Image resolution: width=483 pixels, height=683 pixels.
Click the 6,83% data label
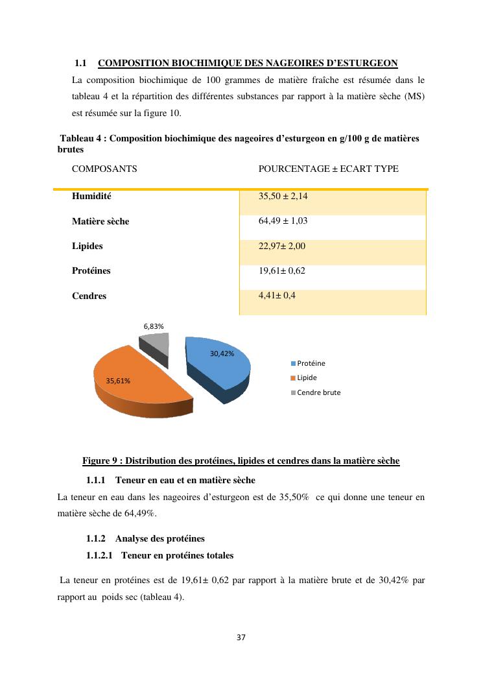point(154,326)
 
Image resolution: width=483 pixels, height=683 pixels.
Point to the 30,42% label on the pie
point(222,353)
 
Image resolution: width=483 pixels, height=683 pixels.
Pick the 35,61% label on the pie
point(118,381)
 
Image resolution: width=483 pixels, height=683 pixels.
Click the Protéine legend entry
point(311,363)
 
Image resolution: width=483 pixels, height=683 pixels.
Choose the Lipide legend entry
point(307,377)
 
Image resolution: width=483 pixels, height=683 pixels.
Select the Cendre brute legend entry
point(318,392)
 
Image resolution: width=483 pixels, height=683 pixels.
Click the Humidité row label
point(91,196)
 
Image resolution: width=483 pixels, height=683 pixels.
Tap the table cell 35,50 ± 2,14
point(283,196)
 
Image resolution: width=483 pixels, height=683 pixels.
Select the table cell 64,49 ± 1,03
point(283,221)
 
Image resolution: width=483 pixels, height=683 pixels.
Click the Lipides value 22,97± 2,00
point(281,246)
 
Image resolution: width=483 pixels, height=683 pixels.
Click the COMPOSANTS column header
point(104,169)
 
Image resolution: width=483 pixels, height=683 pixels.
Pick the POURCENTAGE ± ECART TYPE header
point(328,169)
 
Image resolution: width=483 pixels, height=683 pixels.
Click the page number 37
point(241,638)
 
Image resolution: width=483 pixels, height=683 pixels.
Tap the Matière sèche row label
point(100,221)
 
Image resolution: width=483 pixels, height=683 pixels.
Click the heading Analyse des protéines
point(159,539)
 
